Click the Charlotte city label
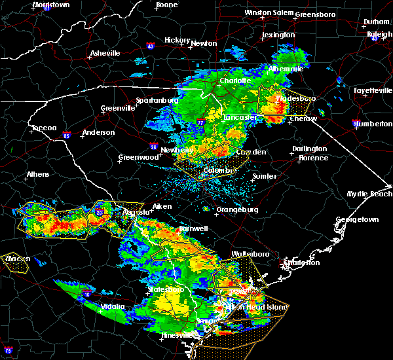[234, 81]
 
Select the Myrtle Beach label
[369, 194]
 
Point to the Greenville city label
[118, 108]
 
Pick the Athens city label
[37, 175]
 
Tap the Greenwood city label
[138, 157]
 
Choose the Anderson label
[98, 132]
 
